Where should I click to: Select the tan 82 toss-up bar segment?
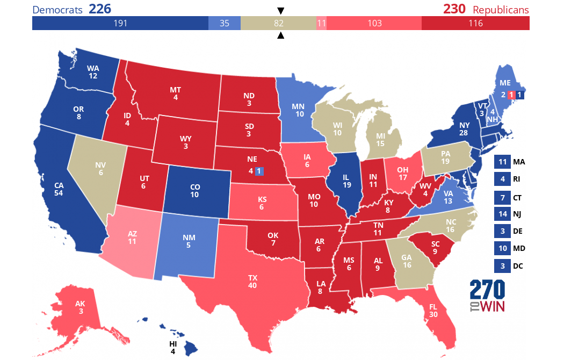(278, 23)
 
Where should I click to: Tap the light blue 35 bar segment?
(224, 23)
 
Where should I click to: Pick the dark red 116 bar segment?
(475, 23)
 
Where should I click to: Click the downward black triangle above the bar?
(280, 11)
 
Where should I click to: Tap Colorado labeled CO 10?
(194, 190)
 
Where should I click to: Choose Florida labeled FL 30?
(433, 311)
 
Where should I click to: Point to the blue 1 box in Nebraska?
(259, 171)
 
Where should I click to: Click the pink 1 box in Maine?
(511, 95)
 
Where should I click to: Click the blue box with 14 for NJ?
(502, 214)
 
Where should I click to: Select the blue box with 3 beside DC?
(502, 265)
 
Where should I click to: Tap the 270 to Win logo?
(488, 296)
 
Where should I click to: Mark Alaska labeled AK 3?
(79, 308)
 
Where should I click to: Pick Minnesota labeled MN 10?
(298, 110)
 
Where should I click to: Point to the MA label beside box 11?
(519, 162)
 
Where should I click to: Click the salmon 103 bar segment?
(374, 23)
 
